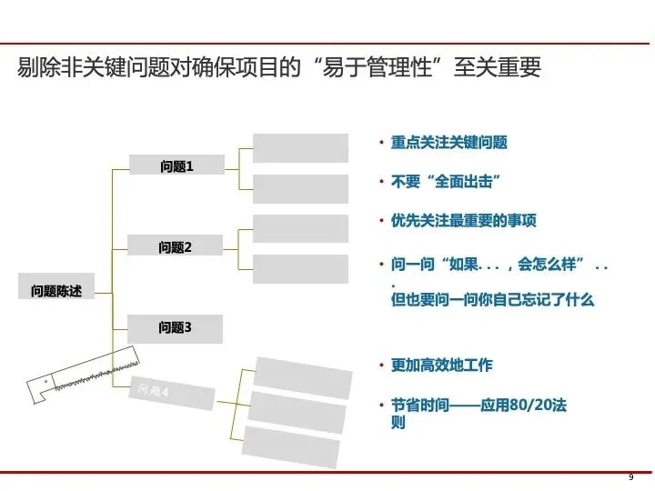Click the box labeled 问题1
pyautogui.click(x=176, y=165)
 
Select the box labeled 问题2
pyautogui.click(x=175, y=246)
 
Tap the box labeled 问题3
pyautogui.click(x=175, y=327)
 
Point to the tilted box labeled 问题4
pyautogui.click(x=173, y=393)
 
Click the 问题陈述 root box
pyautogui.click(x=56, y=291)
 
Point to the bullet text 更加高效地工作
pyautogui.click(x=441, y=365)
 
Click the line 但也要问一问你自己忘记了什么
pyautogui.click(x=492, y=299)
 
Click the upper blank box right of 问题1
pyautogui.click(x=300, y=148)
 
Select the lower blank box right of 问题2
pyautogui.click(x=300, y=269)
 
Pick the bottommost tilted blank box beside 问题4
pyautogui.click(x=293, y=446)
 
